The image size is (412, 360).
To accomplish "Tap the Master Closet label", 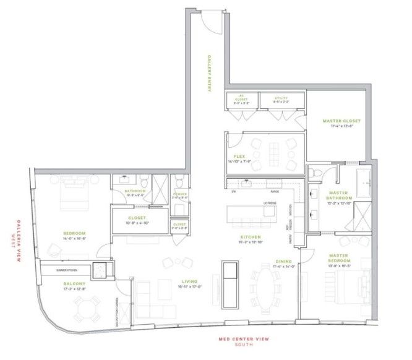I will coord(341,121).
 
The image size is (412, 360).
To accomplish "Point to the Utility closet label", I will coord(282,98).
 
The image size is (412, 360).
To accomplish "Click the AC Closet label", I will coord(242,97).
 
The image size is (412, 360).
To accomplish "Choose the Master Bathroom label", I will coord(339,195).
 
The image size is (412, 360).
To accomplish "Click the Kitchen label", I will coord(251,237).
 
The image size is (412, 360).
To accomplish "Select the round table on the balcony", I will coord(87,306).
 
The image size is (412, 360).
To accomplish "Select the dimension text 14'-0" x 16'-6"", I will coord(74,238).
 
